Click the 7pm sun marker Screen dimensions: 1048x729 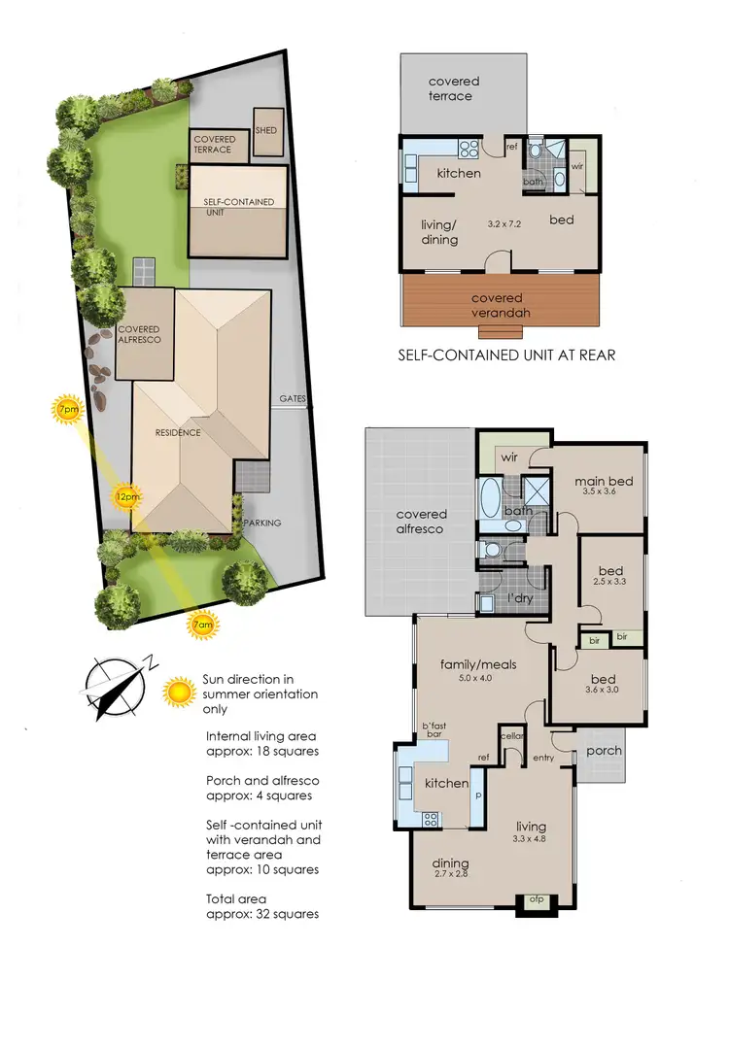(x=67, y=409)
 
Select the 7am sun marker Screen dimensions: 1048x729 (x=202, y=625)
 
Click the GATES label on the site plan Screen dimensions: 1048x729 (x=293, y=398)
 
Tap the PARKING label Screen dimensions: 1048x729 (x=262, y=523)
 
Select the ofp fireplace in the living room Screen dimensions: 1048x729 (x=537, y=899)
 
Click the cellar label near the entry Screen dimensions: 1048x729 (x=513, y=735)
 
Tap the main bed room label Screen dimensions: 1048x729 (x=604, y=481)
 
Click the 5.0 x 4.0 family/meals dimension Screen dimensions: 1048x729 (x=477, y=680)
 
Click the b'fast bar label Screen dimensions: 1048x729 (x=439, y=729)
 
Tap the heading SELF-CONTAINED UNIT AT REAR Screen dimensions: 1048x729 (x=506, y=355)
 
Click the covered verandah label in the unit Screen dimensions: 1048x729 (x=497, y=305)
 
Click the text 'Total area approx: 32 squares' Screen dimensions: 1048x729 (x=262, y=906)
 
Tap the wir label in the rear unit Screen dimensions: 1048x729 (x=577, y=166)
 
